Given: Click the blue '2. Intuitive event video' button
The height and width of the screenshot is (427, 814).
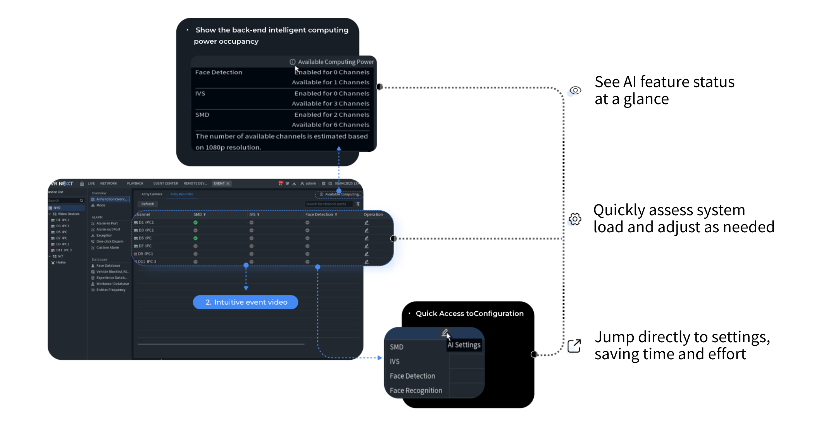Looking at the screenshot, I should (245, 302).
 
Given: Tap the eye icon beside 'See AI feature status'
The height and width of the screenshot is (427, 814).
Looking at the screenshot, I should (575, 91).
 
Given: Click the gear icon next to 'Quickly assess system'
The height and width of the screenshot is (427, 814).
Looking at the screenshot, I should (575, 219).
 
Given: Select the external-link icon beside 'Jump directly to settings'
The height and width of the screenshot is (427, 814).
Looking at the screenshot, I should (574, 346).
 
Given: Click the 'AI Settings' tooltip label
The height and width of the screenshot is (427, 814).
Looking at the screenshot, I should (464, 345).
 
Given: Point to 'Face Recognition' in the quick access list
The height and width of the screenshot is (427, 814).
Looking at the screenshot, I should (416, 391).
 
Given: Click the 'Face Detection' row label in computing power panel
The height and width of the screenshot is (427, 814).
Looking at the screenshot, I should (219, 72).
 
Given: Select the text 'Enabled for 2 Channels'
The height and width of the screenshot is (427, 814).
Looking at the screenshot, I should (332, 115).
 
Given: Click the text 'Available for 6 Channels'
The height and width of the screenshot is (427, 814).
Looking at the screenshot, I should (331, 125).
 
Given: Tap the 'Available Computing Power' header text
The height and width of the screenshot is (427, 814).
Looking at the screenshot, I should (336, 62).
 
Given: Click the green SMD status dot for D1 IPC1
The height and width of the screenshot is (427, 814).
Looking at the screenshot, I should (195, 223).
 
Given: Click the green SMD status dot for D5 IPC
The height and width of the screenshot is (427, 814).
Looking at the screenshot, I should (195, 238).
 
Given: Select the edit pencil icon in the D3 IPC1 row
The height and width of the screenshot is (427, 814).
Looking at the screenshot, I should (366, 230).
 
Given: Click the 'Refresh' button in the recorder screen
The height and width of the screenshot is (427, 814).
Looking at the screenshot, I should (147, 204).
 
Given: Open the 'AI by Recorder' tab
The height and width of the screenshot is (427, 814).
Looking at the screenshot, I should (182, 194).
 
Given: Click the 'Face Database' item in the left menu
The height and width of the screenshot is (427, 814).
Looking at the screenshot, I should (108, 266).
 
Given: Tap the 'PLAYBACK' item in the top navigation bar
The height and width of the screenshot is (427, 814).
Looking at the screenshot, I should (135, 183).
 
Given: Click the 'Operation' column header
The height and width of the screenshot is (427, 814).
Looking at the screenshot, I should (373, 214).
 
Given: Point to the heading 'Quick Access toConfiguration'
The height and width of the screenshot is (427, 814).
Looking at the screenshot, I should (469, 314).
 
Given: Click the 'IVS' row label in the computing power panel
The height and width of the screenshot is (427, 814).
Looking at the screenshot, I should (200, 94).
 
